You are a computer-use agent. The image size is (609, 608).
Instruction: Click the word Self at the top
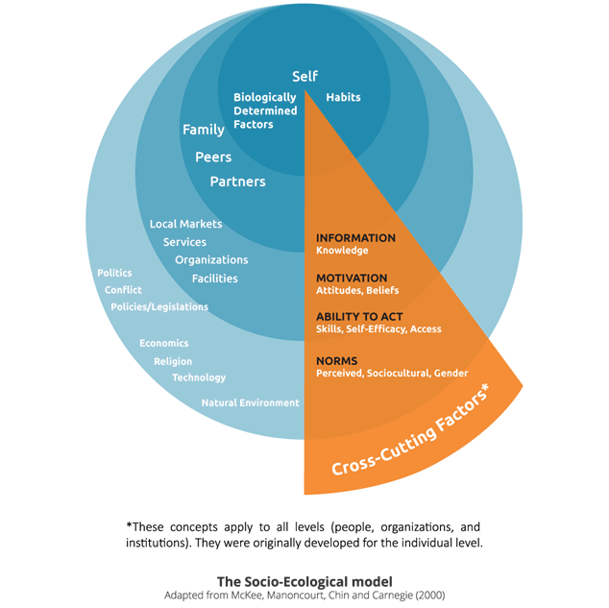304,76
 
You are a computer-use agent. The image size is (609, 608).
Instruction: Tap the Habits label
343,98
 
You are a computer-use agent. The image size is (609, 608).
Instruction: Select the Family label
204,130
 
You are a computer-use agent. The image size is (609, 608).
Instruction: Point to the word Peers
213,157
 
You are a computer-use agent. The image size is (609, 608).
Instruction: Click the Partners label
238,182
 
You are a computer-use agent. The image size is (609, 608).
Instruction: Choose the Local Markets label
185,224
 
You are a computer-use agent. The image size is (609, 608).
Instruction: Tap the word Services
184,242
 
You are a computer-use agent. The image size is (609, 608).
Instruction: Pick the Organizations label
211,260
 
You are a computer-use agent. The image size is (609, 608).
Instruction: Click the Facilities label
214,279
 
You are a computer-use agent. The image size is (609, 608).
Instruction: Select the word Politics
114,273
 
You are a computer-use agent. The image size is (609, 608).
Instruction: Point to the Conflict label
123,290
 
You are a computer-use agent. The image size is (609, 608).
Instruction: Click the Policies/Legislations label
159,307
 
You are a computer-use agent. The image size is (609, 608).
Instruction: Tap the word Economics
164,343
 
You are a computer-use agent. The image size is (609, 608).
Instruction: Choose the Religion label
173,361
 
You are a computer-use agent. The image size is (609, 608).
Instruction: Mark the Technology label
199,377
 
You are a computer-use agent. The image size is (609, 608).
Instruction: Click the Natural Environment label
250,402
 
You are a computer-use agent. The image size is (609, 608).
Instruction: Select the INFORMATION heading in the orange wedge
355,237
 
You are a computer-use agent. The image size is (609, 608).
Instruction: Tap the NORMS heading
337,360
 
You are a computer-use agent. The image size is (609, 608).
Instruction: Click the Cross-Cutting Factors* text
417,437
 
